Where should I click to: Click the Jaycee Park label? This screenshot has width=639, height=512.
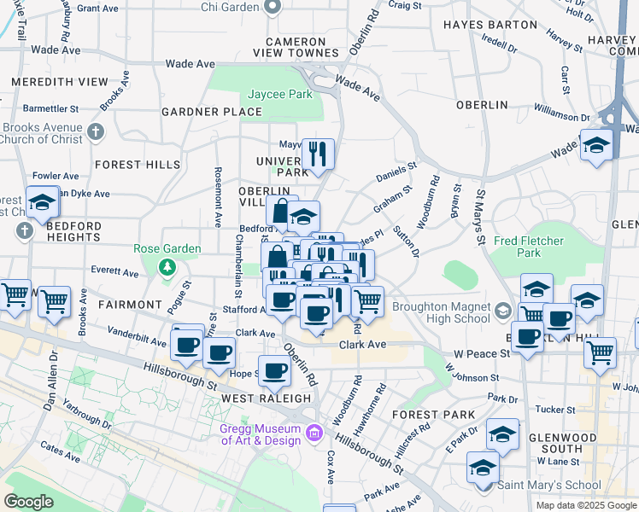(x=280, y=94)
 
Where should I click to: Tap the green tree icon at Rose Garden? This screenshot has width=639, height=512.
(x=167, y=269)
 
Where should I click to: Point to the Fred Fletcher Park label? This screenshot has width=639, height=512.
(x=530, y=247)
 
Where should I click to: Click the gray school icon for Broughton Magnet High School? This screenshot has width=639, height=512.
(x=504, y=311)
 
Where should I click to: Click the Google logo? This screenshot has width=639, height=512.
(x=29, y=502)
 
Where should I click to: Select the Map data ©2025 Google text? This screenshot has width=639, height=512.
(x=585, y=505)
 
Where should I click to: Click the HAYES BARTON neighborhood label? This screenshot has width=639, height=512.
(x=490, y=25)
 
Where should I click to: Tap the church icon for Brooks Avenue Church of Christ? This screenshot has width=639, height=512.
(x=96, y=132)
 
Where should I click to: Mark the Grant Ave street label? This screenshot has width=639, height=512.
(x=97, y=8)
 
